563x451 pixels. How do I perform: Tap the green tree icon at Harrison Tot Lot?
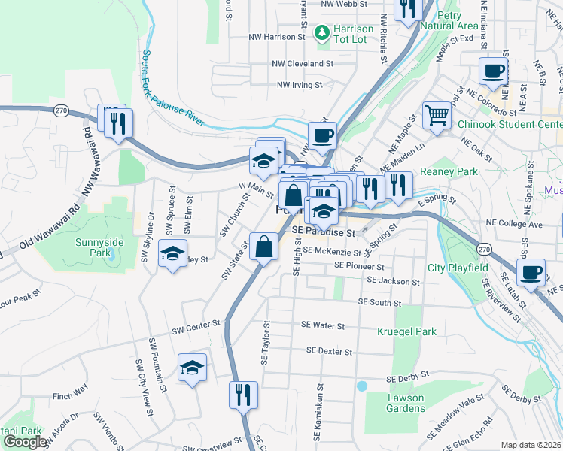click(x=322, y=32)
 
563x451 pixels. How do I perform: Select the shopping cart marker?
click(x=436, y=115)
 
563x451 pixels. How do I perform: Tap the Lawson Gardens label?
click(x=405, y=403)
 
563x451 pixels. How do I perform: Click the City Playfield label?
click(x=458, y=268)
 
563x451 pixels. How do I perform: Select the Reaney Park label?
click(x=449, y=172)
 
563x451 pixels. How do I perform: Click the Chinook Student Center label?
click(x=520, y=124)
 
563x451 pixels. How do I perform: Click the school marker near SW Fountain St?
click(x=192, y=368)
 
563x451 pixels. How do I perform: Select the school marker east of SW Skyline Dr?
click(x=172, y=254)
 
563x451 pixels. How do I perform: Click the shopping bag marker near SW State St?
click(x=264, y=247)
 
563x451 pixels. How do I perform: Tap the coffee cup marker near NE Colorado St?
click(x=493, y=73)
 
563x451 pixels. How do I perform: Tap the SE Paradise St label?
click(x=323, y=233)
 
